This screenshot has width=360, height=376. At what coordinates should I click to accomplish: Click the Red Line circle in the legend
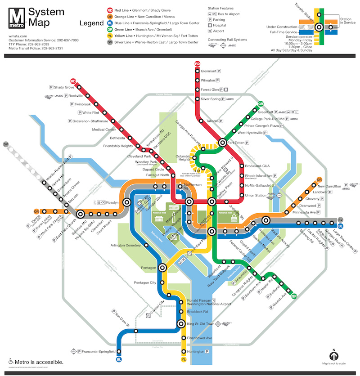[x=109, y=10]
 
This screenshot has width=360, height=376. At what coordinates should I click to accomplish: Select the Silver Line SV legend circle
[x=109, y=42]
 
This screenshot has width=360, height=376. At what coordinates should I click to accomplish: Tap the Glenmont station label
[x=208, y=71]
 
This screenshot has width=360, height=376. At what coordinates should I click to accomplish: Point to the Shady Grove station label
[x=64, y=87]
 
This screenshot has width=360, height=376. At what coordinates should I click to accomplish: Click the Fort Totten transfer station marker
[x=222, y=143]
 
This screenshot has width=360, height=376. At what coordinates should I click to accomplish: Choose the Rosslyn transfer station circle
[x=127, y=202]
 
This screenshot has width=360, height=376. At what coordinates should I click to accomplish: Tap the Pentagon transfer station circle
[x=162, y=268]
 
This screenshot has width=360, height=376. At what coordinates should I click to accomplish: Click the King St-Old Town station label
[x=200, y=324]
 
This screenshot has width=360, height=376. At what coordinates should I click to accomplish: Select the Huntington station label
[x=196, y=351]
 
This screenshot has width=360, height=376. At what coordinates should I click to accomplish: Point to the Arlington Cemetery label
[x=126, y=246]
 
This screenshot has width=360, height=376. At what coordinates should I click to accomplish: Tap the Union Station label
[x=255, y=195]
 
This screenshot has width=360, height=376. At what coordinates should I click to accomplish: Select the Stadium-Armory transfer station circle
[x=266, y=220]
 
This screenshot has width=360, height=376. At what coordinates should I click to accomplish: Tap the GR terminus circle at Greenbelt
[x=260, y=104]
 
